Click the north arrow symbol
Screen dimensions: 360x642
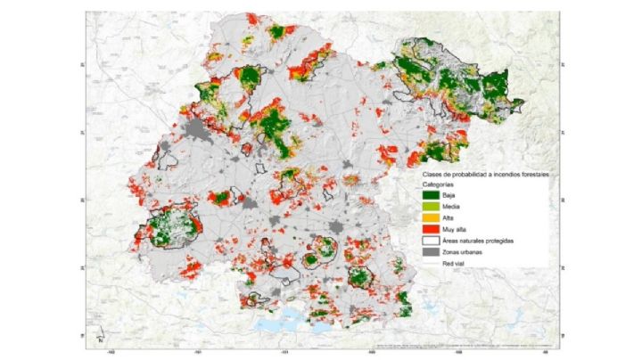(x=103, y=335)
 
